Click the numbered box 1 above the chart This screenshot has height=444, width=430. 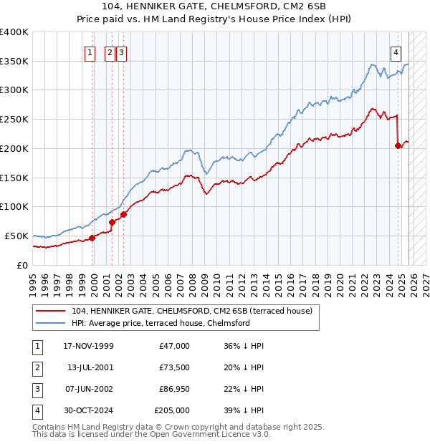[x=90, y=52]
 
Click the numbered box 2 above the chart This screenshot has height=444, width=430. [x=110, y=52]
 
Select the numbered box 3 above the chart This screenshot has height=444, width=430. [x=120, y=52]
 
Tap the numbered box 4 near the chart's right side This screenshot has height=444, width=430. [x=396, y=52]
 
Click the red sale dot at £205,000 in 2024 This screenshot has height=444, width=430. [x=398, y=145]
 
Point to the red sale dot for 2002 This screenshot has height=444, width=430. [x=123, y=214]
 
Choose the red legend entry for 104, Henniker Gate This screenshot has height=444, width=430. [x=191, y=312]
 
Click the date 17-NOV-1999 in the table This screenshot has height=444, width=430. [x=88, y=346]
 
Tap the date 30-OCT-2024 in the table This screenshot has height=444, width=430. [x=88, y=410]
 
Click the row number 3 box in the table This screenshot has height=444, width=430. [x=36, y=389]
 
